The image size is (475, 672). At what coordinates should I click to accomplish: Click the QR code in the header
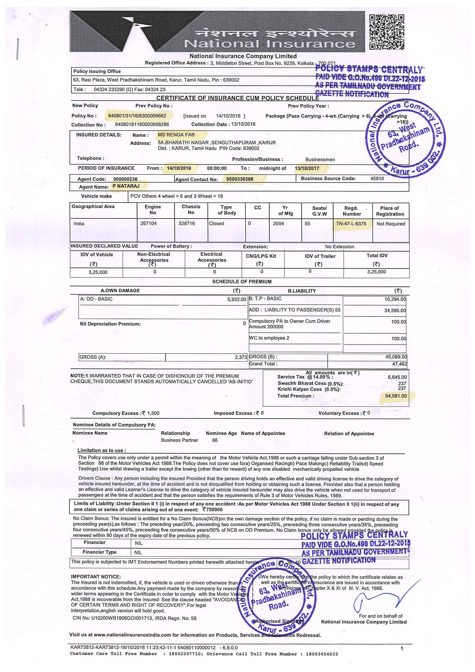pos(387,32)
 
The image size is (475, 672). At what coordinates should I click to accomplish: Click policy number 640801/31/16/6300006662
pos(137,116)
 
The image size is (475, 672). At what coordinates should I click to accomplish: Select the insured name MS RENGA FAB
pos(176,135)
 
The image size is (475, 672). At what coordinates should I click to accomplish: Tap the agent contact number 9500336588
pos(239,179)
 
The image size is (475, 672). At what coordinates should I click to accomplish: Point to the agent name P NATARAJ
pos(126,186)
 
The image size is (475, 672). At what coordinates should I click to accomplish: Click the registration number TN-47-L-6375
pos(351,224)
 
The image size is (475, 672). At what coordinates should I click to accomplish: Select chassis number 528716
pos(187,223)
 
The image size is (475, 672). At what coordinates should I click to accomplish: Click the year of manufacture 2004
pos(278,224)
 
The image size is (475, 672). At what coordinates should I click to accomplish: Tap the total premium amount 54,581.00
pos(396,396)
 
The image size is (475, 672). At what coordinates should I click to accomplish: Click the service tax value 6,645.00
pos(397,377)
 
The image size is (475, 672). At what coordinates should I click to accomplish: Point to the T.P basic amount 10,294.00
pos(395,299)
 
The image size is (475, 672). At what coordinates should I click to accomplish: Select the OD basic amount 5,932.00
pos(237,299)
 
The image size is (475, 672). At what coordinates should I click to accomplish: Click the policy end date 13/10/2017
pos(307,168)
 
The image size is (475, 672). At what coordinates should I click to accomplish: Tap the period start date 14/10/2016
pos(179,168)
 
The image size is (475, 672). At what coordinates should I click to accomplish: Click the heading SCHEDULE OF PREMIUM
pos(242,281)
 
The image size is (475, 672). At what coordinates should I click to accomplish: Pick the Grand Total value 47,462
pos(400,364)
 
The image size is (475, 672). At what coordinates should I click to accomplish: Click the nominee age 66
pos(215,440)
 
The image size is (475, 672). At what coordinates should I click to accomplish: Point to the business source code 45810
pos(377,179)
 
